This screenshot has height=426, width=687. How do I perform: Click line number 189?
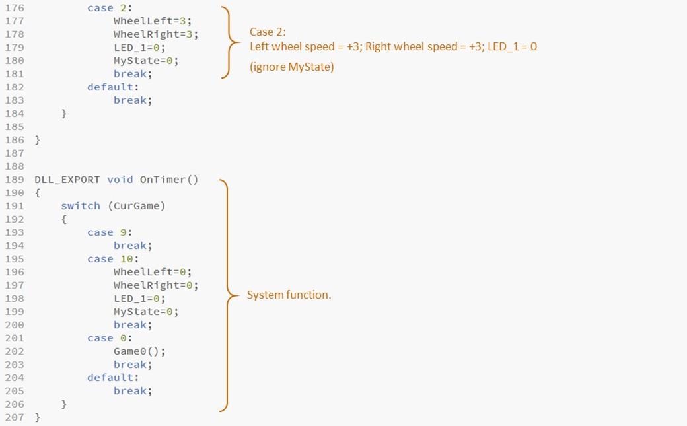click(x=14, y=180)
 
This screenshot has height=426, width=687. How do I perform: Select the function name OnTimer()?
click(x=168, y=180)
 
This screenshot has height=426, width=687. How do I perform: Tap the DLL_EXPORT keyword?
click(x=67, y=180)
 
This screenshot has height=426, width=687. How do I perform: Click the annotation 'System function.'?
click(x=289, y=295)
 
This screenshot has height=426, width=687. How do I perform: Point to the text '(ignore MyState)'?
click(x=291, y=67)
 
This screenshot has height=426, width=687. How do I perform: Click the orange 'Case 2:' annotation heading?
click(x=268, y=32)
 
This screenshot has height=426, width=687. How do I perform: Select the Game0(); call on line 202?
click(x=139, y=351)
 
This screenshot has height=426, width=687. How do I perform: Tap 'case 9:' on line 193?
click(x=110, y=232)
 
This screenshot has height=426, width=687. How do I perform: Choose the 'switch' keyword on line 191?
click(x=81, y=206)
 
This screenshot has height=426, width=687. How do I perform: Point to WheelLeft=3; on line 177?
click(x=153, y=21)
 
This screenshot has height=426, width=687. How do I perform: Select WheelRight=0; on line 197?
click(x=156, y=285)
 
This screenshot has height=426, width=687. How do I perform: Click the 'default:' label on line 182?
click(x=113, y=87)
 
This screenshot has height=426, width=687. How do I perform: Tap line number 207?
click(x=14, y=417)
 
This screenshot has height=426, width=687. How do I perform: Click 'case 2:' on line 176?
click(x=110, y=8)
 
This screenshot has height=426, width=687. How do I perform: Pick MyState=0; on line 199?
click(x=146, y=312)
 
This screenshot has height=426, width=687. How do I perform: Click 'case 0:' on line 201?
click(x=110, y=338)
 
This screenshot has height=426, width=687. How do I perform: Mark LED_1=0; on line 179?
click(x=139, y=48)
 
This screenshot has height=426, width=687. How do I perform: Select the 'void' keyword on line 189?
click(x=120, y=180)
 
